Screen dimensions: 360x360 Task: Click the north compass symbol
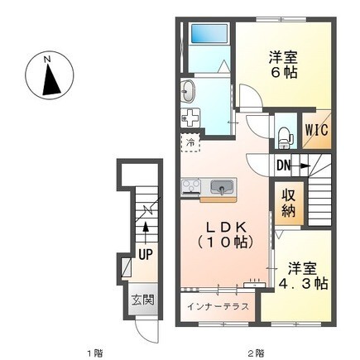tap(50, 75)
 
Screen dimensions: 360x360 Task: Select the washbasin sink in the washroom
tap(189, 91)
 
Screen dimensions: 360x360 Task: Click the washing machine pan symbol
tap(190, 118)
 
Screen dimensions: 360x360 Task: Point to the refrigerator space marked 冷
tap(190, 142)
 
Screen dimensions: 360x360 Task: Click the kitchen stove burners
tap(191, 187)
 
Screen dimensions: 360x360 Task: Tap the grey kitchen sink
tap(221, 187)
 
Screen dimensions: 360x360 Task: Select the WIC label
tap(316, 130)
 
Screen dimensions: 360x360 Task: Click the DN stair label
tap(284, 166)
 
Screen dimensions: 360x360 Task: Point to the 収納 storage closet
tap(289, 203)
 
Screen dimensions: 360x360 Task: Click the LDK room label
tap(224, 227)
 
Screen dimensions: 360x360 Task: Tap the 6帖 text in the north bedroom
tap(284, 73)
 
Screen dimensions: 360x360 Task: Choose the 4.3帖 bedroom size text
tap(303, 283)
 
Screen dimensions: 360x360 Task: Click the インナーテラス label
tap(218, 306)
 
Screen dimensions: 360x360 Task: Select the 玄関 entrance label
tap(142, 300)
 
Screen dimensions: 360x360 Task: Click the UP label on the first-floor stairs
tap(146, 254)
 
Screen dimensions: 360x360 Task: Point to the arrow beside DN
tap(300, 166)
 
